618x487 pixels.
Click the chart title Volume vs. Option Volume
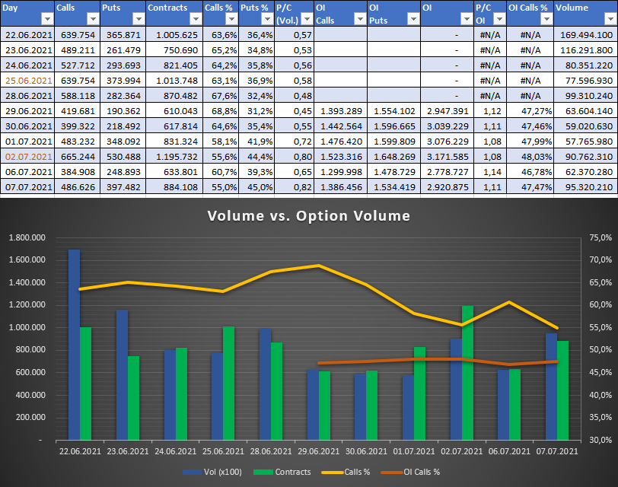(x=308, y=216)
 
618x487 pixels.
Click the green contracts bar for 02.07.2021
(x=467, y=372)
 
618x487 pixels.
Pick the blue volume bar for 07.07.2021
(x=550, y=386)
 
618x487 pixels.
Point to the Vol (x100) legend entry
(x=213, y=472)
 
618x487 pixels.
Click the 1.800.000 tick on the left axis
(x=27, y=238)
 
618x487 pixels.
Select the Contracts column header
(x=167, y=8)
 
